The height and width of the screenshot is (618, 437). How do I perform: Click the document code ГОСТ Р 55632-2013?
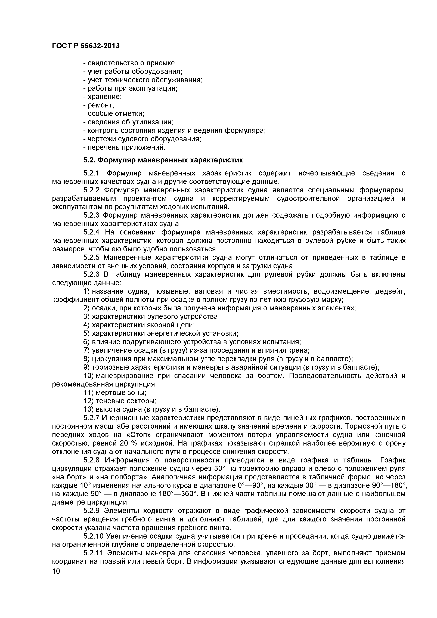coord(86,46)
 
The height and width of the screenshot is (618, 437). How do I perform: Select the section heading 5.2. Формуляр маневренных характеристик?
coord(163,160)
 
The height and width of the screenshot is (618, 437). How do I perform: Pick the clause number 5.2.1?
coord(91,173)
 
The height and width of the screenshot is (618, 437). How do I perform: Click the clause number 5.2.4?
coord(91,232)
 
